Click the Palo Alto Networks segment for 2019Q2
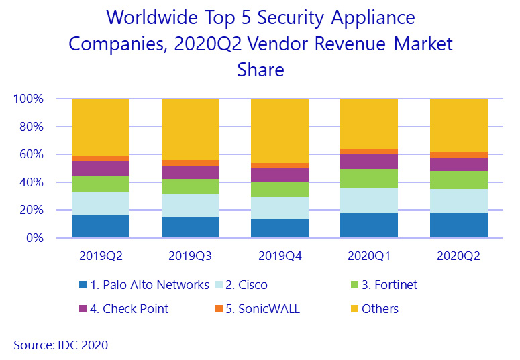pos(101,227)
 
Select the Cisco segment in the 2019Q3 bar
pos(191,206)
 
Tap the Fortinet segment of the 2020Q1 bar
pos(369,178)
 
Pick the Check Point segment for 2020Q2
pos(459,164)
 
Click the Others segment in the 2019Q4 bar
pos(280,131)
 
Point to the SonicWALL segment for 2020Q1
pos(369,152)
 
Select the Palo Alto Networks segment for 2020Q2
pos(459,225)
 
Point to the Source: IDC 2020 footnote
pos(60,345)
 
